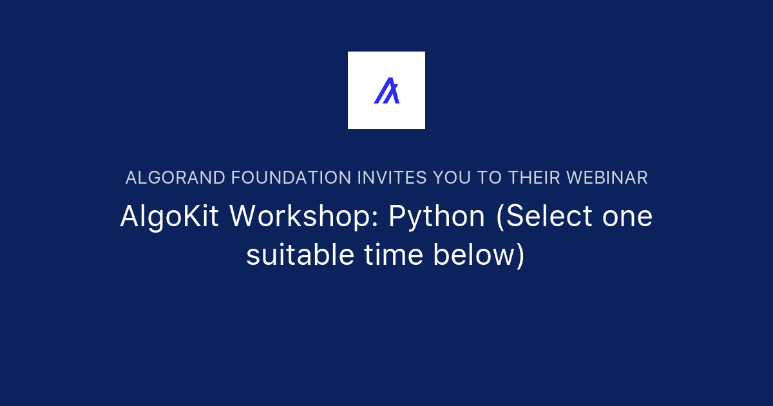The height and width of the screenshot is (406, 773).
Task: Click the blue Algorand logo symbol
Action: (386, 90)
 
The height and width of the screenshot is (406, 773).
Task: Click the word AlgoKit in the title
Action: (170, 217)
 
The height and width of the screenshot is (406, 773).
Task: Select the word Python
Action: (437, 217)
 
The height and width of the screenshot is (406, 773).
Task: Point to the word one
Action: (627, 217)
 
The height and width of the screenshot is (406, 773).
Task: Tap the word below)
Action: (479, 255)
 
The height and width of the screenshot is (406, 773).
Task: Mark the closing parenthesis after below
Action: (520, 256)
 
